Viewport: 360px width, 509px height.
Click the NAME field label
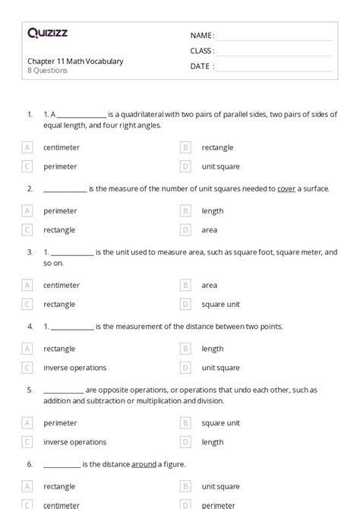coord(202,35)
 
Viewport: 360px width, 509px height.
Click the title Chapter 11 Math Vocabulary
coord(75,61)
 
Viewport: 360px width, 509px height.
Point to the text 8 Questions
coord(47,71)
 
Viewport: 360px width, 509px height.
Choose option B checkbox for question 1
coord(185,147)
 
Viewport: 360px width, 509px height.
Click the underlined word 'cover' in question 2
coord(286,188)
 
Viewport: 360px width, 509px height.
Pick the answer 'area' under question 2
coord(210,229)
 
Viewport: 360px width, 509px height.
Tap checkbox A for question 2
coord(28,210)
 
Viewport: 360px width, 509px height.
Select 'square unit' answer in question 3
coord(221,304)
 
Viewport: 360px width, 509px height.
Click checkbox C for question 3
coord(28,304)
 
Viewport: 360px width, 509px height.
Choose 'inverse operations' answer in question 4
coord(75,368)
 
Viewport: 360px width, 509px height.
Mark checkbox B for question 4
coord(185,349)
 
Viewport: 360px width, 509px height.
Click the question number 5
coord(30,390)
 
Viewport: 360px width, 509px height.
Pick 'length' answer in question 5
coord(213,441)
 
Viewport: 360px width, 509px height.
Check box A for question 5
coord(28,423)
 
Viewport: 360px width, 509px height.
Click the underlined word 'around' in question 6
coord(144,463)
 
